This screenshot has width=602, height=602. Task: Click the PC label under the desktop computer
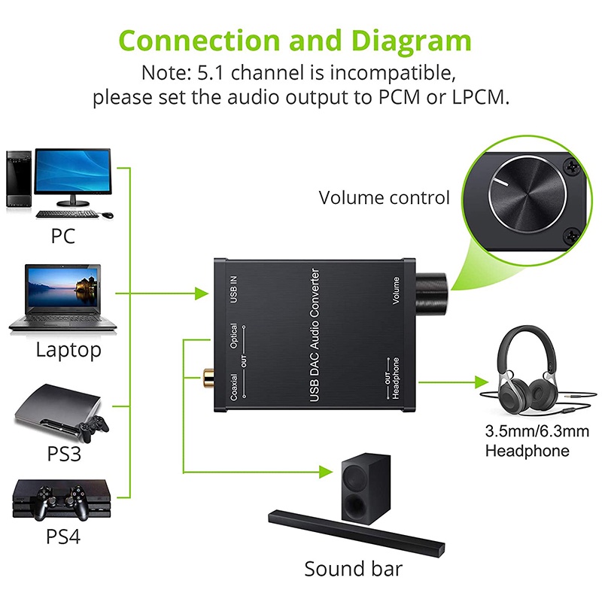pos(63,236)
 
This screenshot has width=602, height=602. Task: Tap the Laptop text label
pos(68,350)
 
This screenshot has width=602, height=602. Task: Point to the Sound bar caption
pos(354,568)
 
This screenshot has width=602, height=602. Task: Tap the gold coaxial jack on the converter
pos(206,374)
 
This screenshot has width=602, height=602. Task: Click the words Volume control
pos(384,198)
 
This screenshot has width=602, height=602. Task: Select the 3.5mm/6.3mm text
pos(527,433)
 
